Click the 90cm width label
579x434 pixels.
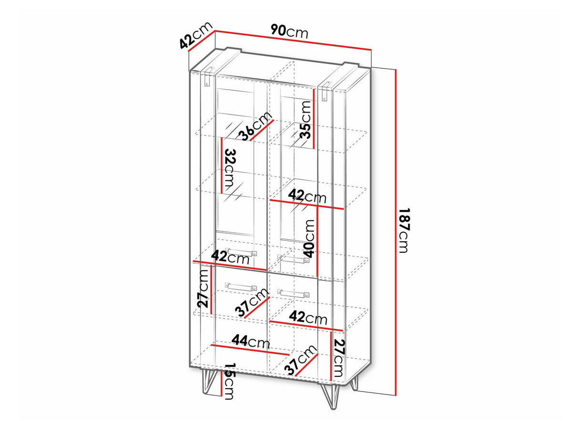[289, 31]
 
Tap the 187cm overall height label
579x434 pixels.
[404, 230]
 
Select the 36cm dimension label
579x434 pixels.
[255, 126]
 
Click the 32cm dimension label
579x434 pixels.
[229, 168]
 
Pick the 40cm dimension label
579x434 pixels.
[309, 238]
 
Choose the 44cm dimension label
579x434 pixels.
[251, 341]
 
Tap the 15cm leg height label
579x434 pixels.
[229, 385]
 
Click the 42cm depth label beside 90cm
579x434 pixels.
[196, 35]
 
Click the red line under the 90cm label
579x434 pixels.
[293, 40]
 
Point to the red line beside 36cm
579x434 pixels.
[262, 130]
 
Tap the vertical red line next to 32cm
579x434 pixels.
[222, 165]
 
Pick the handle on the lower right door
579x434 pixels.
[293, 293]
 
